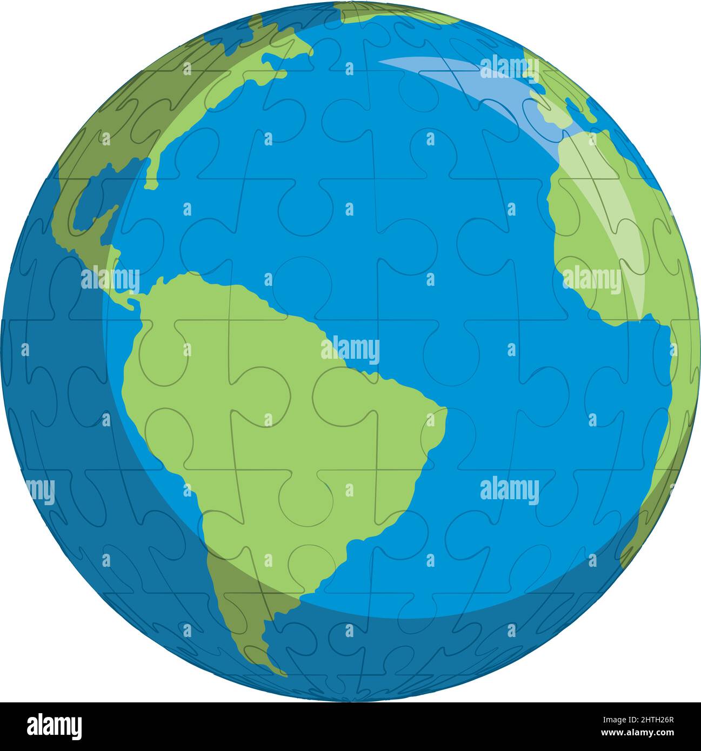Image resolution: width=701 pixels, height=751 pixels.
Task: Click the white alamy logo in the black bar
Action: click(x=54, y=726)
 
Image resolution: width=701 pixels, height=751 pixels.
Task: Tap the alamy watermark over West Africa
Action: click(x=591, y=280)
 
